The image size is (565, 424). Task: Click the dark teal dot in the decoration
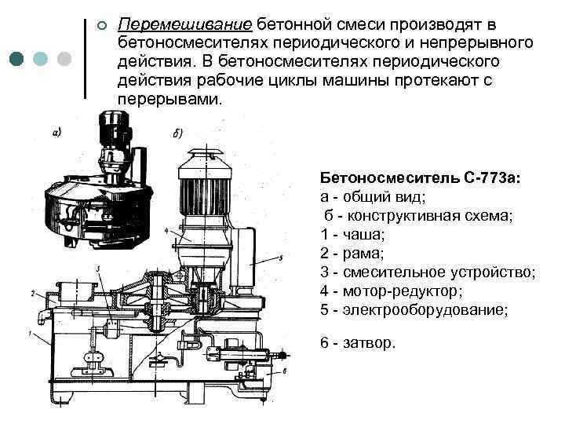click(16, 60)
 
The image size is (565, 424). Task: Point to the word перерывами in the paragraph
click(169, 102)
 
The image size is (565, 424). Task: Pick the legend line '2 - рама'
click(352, 254)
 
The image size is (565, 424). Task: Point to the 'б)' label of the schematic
click(178, 133)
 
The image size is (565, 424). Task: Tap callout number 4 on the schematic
click(166, 232)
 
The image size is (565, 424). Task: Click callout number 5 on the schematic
click(280, 258)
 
